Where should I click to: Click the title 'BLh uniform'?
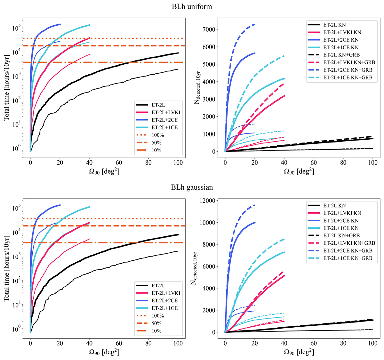pyautogui.click(x=192, y=6)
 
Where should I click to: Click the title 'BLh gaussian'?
pyautogui.click(x=192, y=187)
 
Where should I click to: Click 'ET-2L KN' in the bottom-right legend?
pyautogui.click(x=335, y=205)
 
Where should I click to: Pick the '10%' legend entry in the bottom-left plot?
pyautogui.click(x=156, y=331)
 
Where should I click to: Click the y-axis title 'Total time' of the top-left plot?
pyautogui.click(x=6, y=86)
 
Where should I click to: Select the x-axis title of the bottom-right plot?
pyautogui.click(x=299, y=352)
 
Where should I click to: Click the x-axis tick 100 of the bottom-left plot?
pyautogui.click(x=178, y=343)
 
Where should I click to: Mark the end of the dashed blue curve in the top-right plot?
pyautogui.click(x=255, y=24)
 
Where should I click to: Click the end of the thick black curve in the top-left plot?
pyautogui.click(x=178, y=53)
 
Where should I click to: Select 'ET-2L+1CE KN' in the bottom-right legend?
pyautogui.click(x=341, y=228)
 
